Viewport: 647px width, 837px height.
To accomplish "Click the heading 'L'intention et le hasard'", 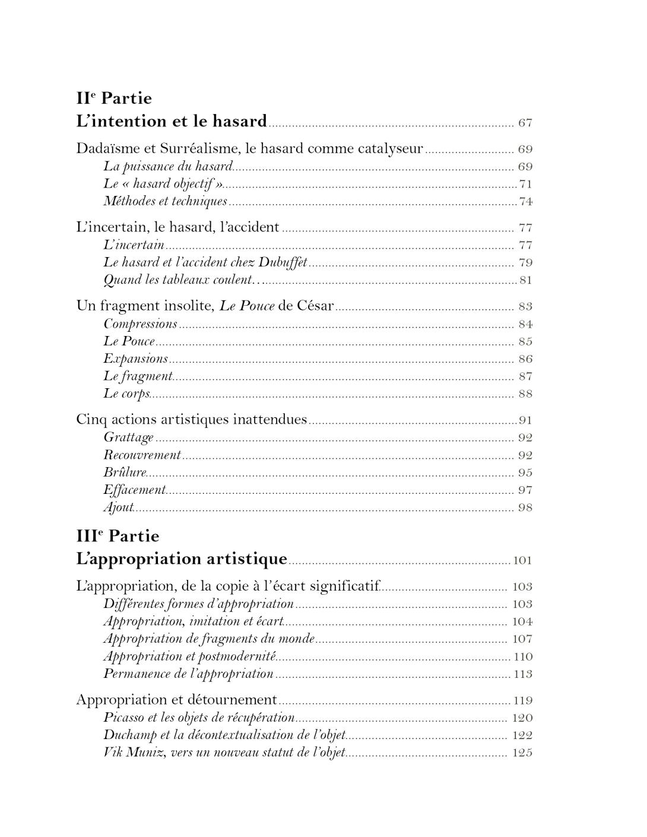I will pos(172,122).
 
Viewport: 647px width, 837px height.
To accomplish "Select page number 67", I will pos(525,123).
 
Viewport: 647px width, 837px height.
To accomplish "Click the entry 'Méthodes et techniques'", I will pos(165,201).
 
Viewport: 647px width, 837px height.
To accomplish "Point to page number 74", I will pos(525,202).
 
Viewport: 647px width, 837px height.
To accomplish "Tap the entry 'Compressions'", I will pos(140,324).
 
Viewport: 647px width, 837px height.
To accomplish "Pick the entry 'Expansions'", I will pos(135,359).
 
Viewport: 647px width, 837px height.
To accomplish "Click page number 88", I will pos(525,394).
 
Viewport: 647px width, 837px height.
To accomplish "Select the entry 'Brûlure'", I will pos(125,473).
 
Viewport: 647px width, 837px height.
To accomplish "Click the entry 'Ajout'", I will pos(118,508).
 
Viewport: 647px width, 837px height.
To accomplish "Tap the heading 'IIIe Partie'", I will pos(118,536).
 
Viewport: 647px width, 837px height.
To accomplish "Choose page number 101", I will pos(522,560).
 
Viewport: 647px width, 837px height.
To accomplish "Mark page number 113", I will pos(522,674).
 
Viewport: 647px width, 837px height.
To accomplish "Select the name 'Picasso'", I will pos(125,718).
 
